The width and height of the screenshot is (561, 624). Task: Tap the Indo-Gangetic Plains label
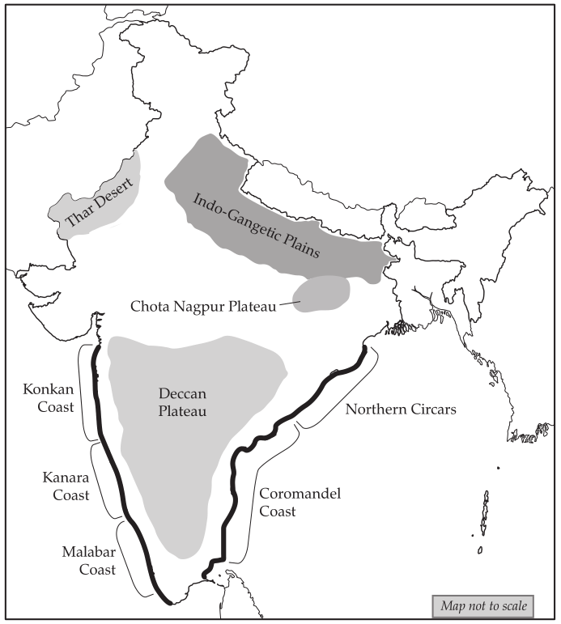256,224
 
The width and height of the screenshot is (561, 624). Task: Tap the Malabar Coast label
87,560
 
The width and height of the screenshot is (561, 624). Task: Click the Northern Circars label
401,409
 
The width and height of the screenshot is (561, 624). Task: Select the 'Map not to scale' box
482,605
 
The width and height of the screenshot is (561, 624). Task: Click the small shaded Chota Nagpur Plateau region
323,292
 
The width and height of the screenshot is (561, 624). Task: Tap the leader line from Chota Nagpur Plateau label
291,304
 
